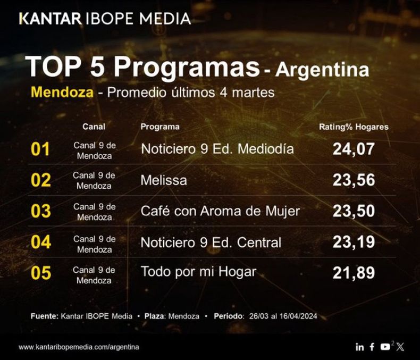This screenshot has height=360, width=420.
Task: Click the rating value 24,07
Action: tap(354, 149)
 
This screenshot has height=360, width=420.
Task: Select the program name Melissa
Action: tap(164, 180)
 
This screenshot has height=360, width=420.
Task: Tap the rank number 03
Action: tap(41, 211)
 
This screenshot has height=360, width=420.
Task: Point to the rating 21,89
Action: tap(354, 273)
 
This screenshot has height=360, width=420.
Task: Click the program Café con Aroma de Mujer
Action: tap(220, 211)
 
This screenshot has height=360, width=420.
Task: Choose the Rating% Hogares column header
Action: tap(354, 127)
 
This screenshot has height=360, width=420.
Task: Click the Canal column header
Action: tap(94, 127)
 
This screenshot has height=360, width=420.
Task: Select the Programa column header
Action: tap(160, 127)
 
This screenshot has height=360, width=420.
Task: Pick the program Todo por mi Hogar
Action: tap(198, 272)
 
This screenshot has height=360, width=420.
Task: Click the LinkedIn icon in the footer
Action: tap(359, 347)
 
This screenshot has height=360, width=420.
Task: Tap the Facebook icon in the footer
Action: tap(372, 347)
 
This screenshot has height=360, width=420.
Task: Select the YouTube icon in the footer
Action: tap(385, 347)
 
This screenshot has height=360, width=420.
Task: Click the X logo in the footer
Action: tap(400, 347)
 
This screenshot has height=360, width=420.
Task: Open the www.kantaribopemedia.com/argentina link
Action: tap(79, 347)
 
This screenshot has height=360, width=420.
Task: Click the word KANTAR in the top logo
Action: tap(51, 19)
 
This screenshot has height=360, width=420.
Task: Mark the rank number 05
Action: tap(41, 273)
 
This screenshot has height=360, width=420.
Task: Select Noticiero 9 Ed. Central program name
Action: tap(211, 242)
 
